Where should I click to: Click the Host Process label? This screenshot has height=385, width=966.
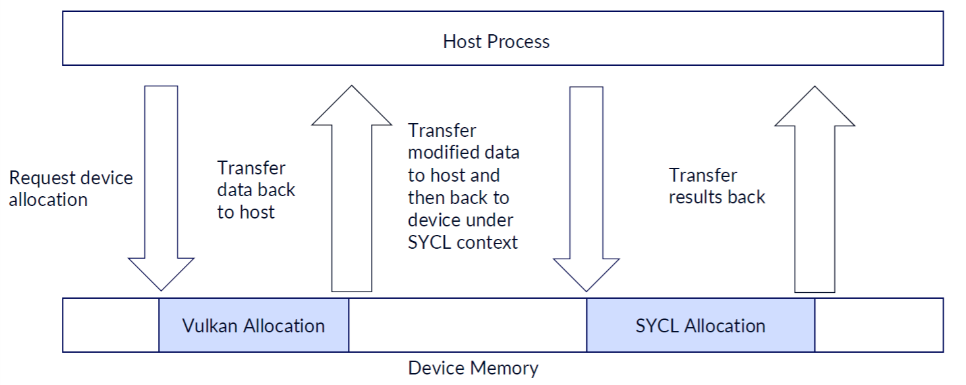[x=496, y=41]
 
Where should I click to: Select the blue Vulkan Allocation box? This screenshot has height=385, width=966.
[x=254, y=325]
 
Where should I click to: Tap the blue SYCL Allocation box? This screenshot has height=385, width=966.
[x=700, y=325]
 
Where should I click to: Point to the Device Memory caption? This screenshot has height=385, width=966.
[x=473, y=368]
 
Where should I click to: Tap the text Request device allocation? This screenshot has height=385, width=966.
[x=71, y=188]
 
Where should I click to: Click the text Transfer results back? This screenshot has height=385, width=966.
[x=717, y=186]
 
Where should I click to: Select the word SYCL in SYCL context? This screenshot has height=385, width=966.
[x=430, y=242]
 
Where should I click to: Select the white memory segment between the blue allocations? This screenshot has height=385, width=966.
[x=467, y=325]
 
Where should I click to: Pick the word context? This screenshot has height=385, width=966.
[x=486, y=242]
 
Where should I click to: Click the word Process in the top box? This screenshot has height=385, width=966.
[x=516, y=41]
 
